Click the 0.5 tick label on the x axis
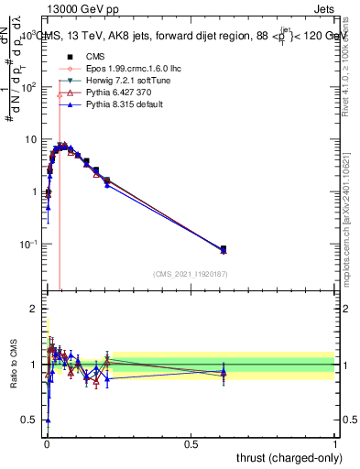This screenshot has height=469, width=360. coord(191,442)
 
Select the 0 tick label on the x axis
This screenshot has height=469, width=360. coord(47,442)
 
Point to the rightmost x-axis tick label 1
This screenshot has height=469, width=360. coord(335,442)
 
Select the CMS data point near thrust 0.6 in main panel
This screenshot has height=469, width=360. coord(224,248)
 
